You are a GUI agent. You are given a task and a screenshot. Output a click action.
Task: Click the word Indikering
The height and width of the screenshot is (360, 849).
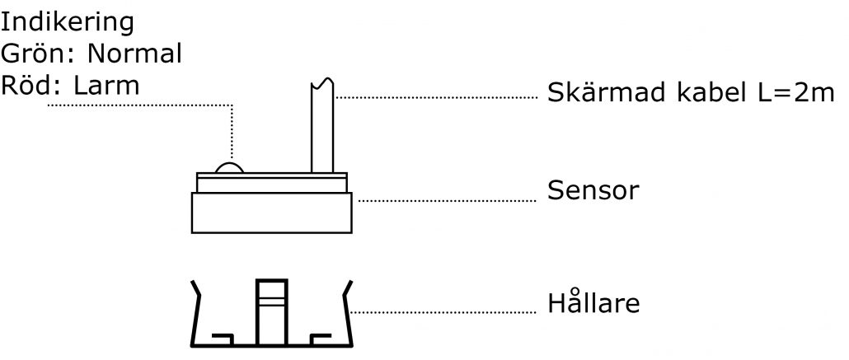coord(67,24)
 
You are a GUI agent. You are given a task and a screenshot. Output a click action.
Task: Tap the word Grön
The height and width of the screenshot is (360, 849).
coord(40,54)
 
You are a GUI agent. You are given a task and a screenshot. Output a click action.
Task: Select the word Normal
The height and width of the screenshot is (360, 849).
coord(134,54)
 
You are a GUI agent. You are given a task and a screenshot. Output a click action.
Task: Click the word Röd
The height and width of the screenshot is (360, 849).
coord(33,85)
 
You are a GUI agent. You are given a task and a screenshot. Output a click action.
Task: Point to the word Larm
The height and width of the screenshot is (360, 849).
coord(106,85)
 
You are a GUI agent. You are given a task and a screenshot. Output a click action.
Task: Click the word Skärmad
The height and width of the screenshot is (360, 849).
coord(607,92)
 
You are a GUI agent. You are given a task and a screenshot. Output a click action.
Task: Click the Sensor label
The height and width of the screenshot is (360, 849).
coord(593,190)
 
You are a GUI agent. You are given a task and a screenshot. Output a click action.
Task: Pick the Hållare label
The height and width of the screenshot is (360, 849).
coord(593,302)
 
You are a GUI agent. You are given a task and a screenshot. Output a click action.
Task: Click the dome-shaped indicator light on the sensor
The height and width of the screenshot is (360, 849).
coord(230,167)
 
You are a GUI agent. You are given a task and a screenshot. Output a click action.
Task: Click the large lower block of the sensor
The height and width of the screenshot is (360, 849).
coord(272,213)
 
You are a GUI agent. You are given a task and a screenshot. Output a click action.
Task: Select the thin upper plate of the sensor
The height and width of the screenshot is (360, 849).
coord(272,182)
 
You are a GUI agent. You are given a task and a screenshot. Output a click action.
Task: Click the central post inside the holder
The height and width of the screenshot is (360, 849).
coord(272,312)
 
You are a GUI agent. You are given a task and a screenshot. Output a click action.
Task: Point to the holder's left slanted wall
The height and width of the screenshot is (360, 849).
coord(196,313)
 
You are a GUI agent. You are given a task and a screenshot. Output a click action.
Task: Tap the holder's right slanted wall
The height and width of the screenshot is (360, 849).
coord(347,313)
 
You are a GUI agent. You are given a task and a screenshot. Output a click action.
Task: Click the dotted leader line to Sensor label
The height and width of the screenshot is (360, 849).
coord(448,201)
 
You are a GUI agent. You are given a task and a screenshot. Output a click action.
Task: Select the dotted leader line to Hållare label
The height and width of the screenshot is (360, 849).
coord(443,312)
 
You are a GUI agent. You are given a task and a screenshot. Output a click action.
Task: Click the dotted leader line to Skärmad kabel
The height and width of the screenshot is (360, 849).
coord(436,97)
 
